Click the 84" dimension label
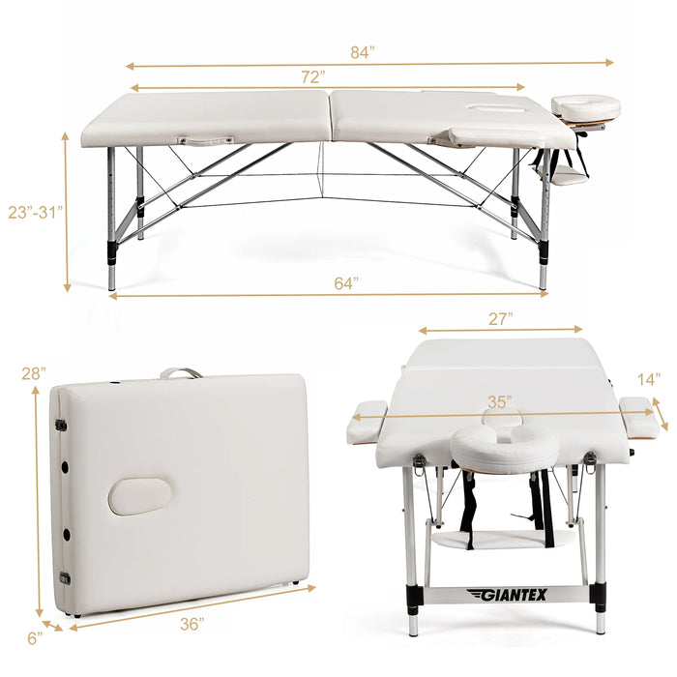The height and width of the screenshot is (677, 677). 363,52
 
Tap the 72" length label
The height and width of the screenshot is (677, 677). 313,76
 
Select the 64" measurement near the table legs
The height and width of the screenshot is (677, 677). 346,283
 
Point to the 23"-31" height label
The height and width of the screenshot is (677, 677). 36,212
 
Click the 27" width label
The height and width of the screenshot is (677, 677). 501,319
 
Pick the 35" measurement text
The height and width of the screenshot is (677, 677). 500,402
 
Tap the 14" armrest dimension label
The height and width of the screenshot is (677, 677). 649,379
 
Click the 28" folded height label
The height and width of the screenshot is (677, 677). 34,373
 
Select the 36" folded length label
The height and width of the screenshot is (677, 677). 192,624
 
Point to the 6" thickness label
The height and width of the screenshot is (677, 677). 35,638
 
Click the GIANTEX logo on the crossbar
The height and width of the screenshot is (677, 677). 507,595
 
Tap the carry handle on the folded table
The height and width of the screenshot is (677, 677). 182,373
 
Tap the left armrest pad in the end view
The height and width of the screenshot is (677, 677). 367,423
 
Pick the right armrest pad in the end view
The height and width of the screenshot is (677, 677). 639,417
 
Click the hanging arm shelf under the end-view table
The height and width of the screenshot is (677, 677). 504,539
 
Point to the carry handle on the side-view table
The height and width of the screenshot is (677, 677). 205,141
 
